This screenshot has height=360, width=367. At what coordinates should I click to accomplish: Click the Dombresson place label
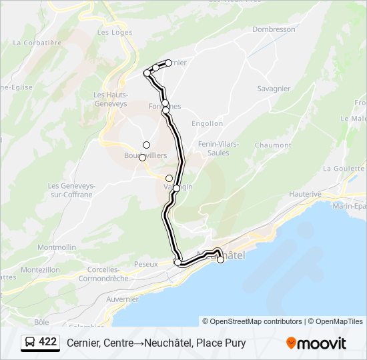274,29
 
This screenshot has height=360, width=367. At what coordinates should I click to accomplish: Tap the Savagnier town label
274,89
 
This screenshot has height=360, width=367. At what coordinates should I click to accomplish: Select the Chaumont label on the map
273,145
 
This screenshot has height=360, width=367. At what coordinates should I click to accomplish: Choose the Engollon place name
207,123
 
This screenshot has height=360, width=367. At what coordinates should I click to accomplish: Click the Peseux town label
145,265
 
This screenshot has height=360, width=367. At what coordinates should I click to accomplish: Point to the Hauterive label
306,194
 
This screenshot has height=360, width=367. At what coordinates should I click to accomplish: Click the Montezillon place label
41,269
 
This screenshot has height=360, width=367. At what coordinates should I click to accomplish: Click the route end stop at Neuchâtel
221,260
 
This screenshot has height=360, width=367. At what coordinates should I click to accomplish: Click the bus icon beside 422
31,343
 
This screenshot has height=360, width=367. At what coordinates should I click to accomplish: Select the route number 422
48,342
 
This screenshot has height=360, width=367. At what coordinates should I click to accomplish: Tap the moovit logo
316,343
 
